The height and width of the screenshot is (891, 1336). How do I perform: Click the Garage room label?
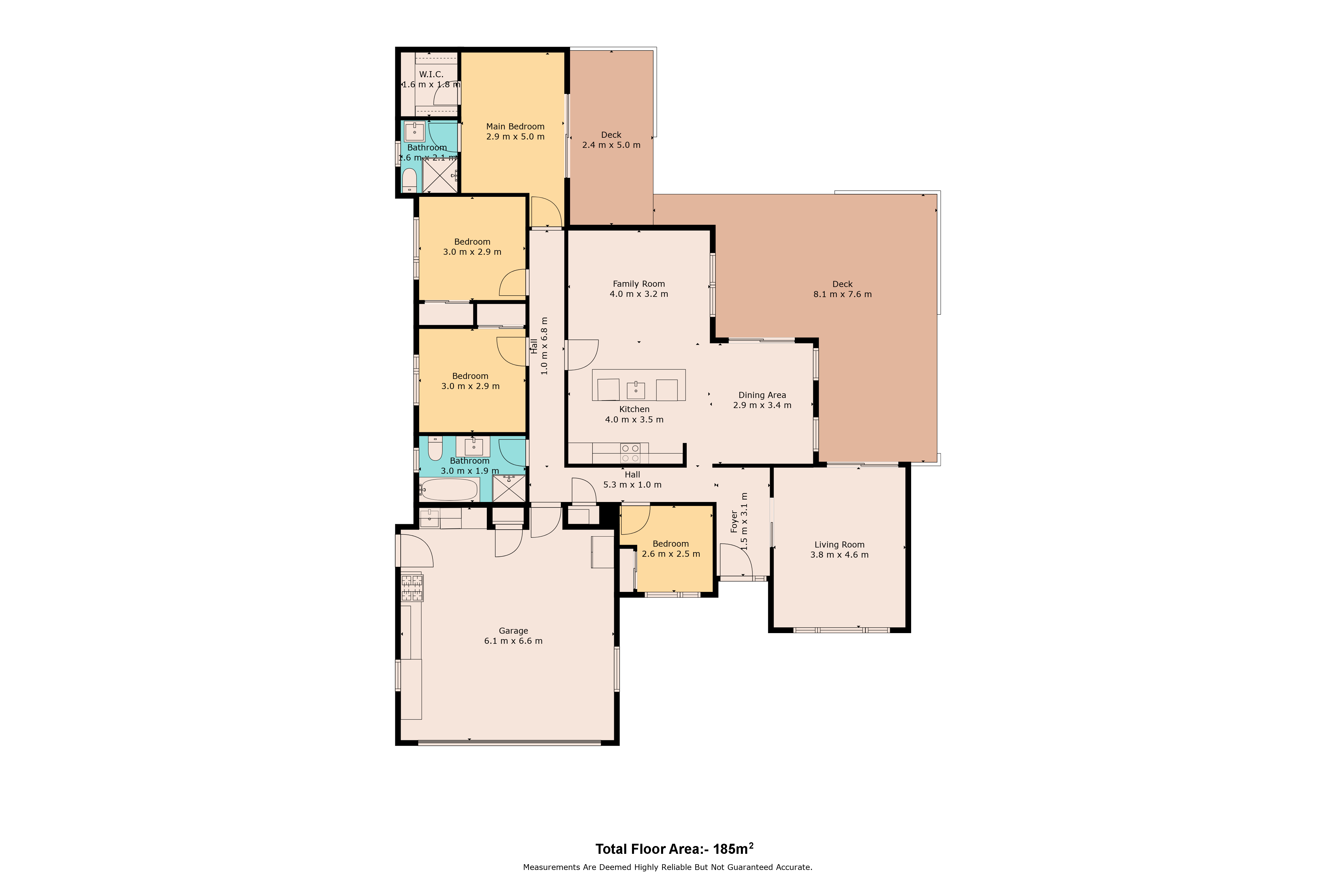[514, 631]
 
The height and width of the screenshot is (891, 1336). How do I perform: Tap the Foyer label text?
[734, 522]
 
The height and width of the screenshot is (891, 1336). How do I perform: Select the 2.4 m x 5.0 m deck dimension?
[611, 145]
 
